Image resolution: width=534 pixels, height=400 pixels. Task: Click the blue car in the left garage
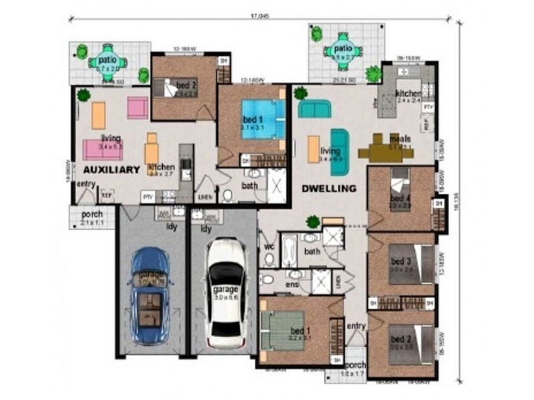(151, 295)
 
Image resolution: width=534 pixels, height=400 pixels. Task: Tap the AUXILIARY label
(111, 169)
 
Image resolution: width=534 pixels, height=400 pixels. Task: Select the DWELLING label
(328, 189)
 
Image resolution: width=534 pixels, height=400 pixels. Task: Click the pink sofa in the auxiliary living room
(102, 149)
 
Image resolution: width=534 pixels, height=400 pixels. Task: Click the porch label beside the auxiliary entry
(91, 215)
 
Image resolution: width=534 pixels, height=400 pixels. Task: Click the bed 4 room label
(399, 198)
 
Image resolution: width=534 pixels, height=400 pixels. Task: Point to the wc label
(270, 246)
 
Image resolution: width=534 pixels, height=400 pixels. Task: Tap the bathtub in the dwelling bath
(289, 251)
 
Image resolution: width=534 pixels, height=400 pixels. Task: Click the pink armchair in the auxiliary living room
(138, 107)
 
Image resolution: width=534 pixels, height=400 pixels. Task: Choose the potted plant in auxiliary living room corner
(83, 95)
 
